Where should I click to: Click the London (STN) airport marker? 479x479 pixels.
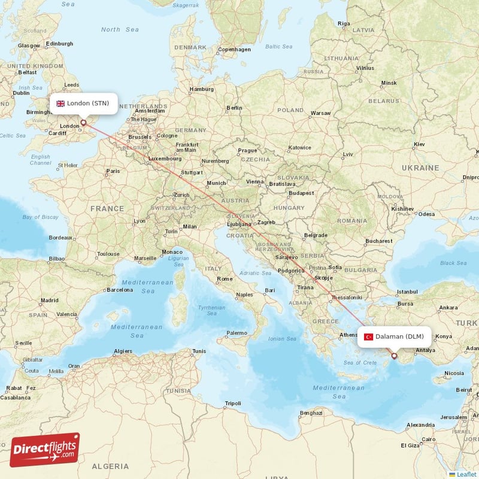coord(83,122)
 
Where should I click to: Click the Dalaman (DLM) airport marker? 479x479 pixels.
coord(394,356)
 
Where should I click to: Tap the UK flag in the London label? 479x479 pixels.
coord(60,104)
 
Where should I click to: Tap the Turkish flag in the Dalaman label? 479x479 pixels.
coord(368,336)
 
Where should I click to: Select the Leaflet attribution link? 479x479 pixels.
coord(463,474)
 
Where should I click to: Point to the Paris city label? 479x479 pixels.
coord(113,171)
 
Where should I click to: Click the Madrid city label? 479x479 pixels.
coord(49,301)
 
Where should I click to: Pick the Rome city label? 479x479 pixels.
coord(225,279)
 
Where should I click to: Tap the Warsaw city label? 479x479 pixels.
coord(320,113)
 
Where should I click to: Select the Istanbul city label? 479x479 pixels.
coord(407,292)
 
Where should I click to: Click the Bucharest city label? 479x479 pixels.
coord(378,241)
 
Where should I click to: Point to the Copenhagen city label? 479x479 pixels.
coord(234,50)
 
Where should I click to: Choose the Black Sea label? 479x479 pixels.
coord(453,263)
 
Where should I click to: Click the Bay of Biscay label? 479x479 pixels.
coord(41,217)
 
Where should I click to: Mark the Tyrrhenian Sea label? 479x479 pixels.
coord(212,310)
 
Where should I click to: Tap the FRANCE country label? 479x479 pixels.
coord(107,209)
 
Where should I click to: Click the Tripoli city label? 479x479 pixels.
coord(232,403)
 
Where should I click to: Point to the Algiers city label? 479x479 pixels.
coord(123,351)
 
